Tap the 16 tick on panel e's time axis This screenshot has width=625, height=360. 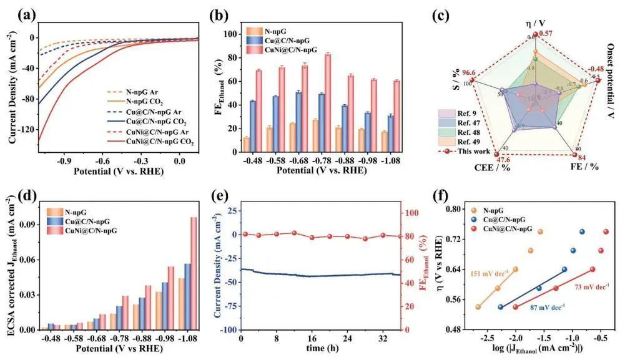click(312, 337)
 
